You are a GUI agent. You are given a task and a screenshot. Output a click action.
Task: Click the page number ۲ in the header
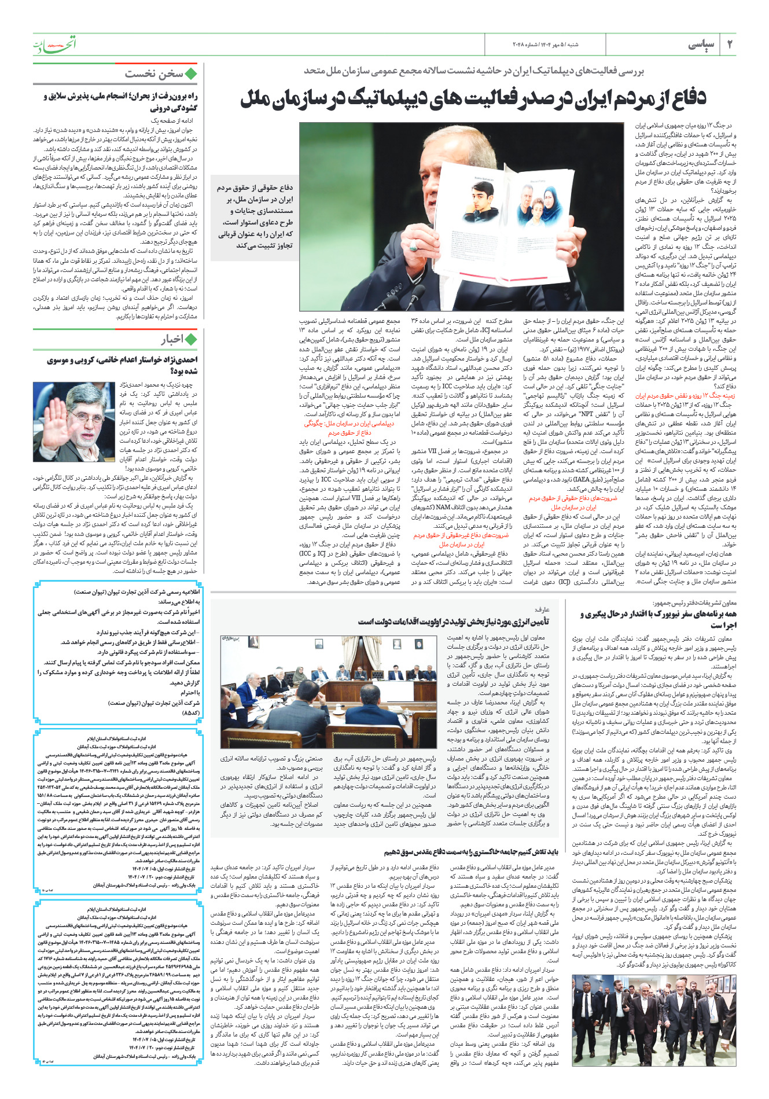coord(729,45)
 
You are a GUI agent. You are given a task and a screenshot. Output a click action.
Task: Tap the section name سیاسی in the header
coord(701,45)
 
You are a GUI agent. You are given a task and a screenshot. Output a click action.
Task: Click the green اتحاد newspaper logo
coord(54,44)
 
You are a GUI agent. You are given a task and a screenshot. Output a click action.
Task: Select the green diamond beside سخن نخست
coord(191,74)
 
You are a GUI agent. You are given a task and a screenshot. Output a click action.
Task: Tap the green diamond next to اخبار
coord(191,339)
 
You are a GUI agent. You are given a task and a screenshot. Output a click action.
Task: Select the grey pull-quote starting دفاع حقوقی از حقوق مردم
coord(255,216)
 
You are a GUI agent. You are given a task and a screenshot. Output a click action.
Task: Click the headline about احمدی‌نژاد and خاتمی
coord(123,365)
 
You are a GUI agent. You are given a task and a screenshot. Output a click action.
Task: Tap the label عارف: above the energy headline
coord(542,609)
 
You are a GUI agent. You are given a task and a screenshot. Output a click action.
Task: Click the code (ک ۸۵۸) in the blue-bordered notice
coord(190,714)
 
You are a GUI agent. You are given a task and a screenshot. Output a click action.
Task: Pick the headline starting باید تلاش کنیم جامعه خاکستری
coord(471,851)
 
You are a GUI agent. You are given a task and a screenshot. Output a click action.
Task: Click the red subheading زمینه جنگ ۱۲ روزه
coord(685,396)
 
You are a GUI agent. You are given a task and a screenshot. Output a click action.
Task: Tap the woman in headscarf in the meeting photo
coord(301,674)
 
